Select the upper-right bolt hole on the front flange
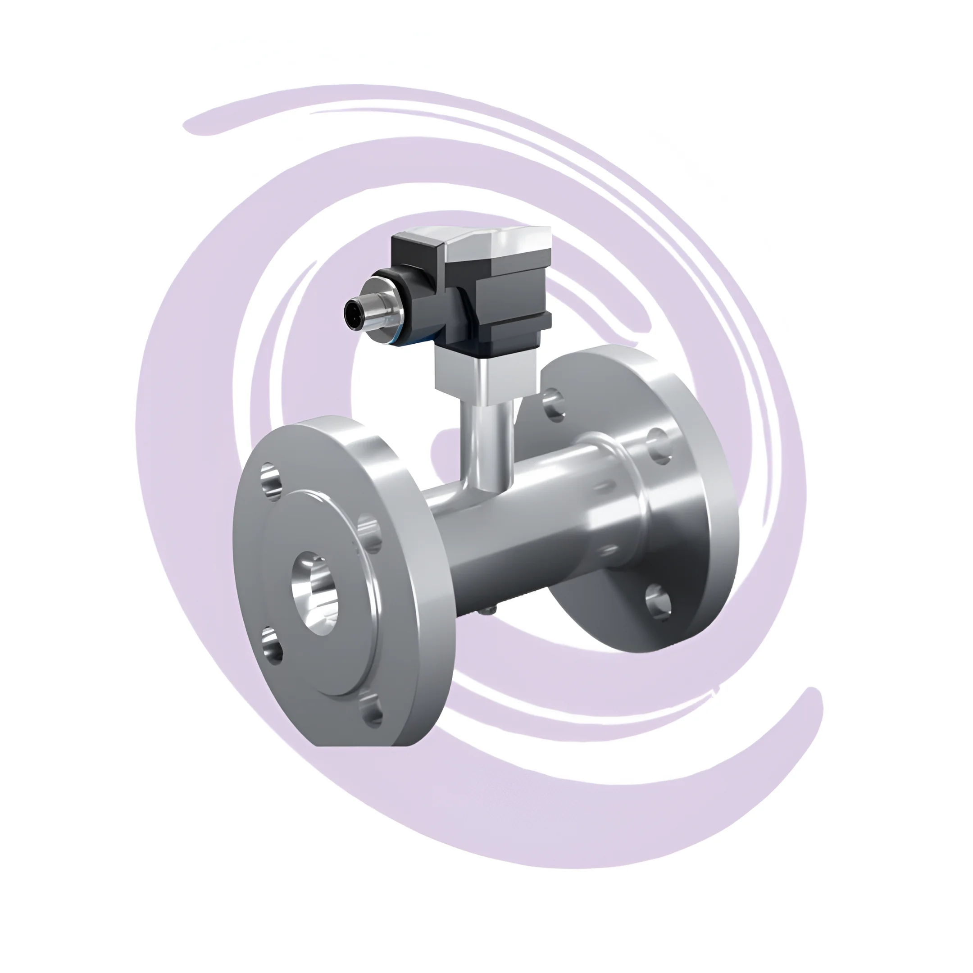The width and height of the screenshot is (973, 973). (x=371, y=533)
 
